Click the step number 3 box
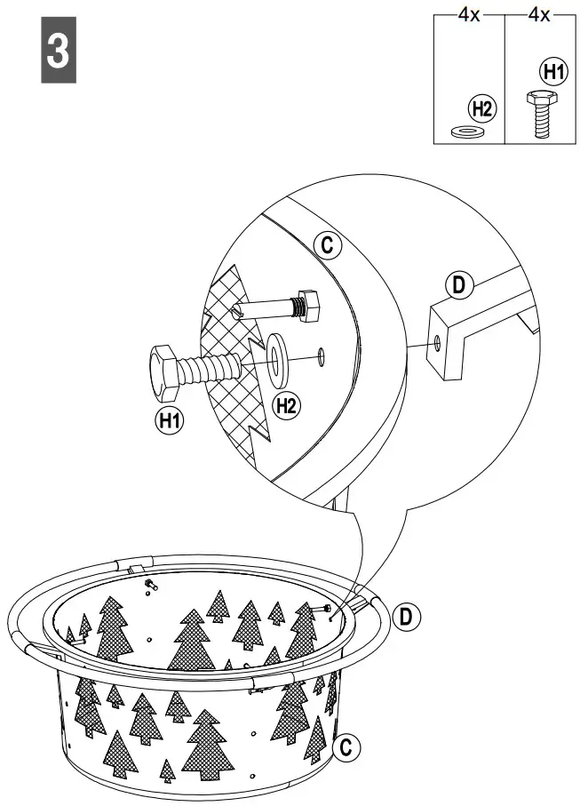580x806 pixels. click(57, 51)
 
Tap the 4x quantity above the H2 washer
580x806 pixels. click(468, 15)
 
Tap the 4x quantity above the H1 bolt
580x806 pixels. click(538, 15)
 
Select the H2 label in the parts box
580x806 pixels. click(481, 109)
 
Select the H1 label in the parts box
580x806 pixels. click(552, 71)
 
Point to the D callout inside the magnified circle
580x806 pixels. click(458, 285)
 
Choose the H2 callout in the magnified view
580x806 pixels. click(285, 406)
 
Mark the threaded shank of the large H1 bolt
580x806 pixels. click(212, 367)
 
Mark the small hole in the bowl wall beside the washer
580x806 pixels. click(321, 358)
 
